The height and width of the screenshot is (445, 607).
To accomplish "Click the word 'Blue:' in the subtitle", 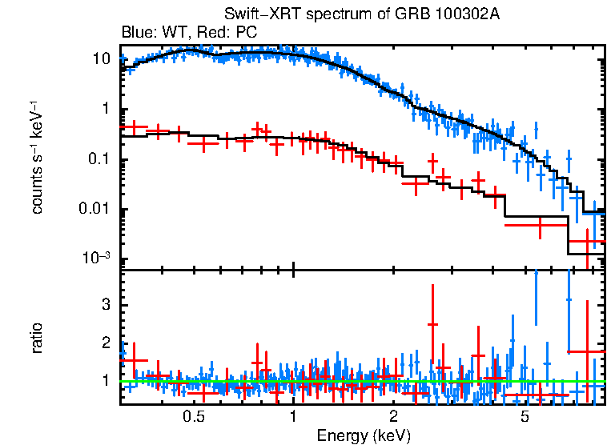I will [x=137, y=33].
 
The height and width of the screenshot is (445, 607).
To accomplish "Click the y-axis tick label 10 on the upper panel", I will [x=101, y=59].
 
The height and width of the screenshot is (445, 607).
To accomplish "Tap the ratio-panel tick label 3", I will [x=105, y=306].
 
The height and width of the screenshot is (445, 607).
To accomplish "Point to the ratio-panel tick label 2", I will [x=105, y=343].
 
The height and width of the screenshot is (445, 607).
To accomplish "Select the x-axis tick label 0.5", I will [x=193, y=417].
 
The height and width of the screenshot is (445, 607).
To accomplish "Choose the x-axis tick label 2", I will [x=393, y=417].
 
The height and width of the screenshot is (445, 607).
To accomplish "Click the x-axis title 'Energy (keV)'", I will [x=364, y=435].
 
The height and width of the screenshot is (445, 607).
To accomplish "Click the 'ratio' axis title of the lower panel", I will [x=37, y=338].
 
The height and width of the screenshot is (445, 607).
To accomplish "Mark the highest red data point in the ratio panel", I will [x=432, y=324].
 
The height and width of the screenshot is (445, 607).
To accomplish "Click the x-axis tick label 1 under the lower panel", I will [x=293, y=417].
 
